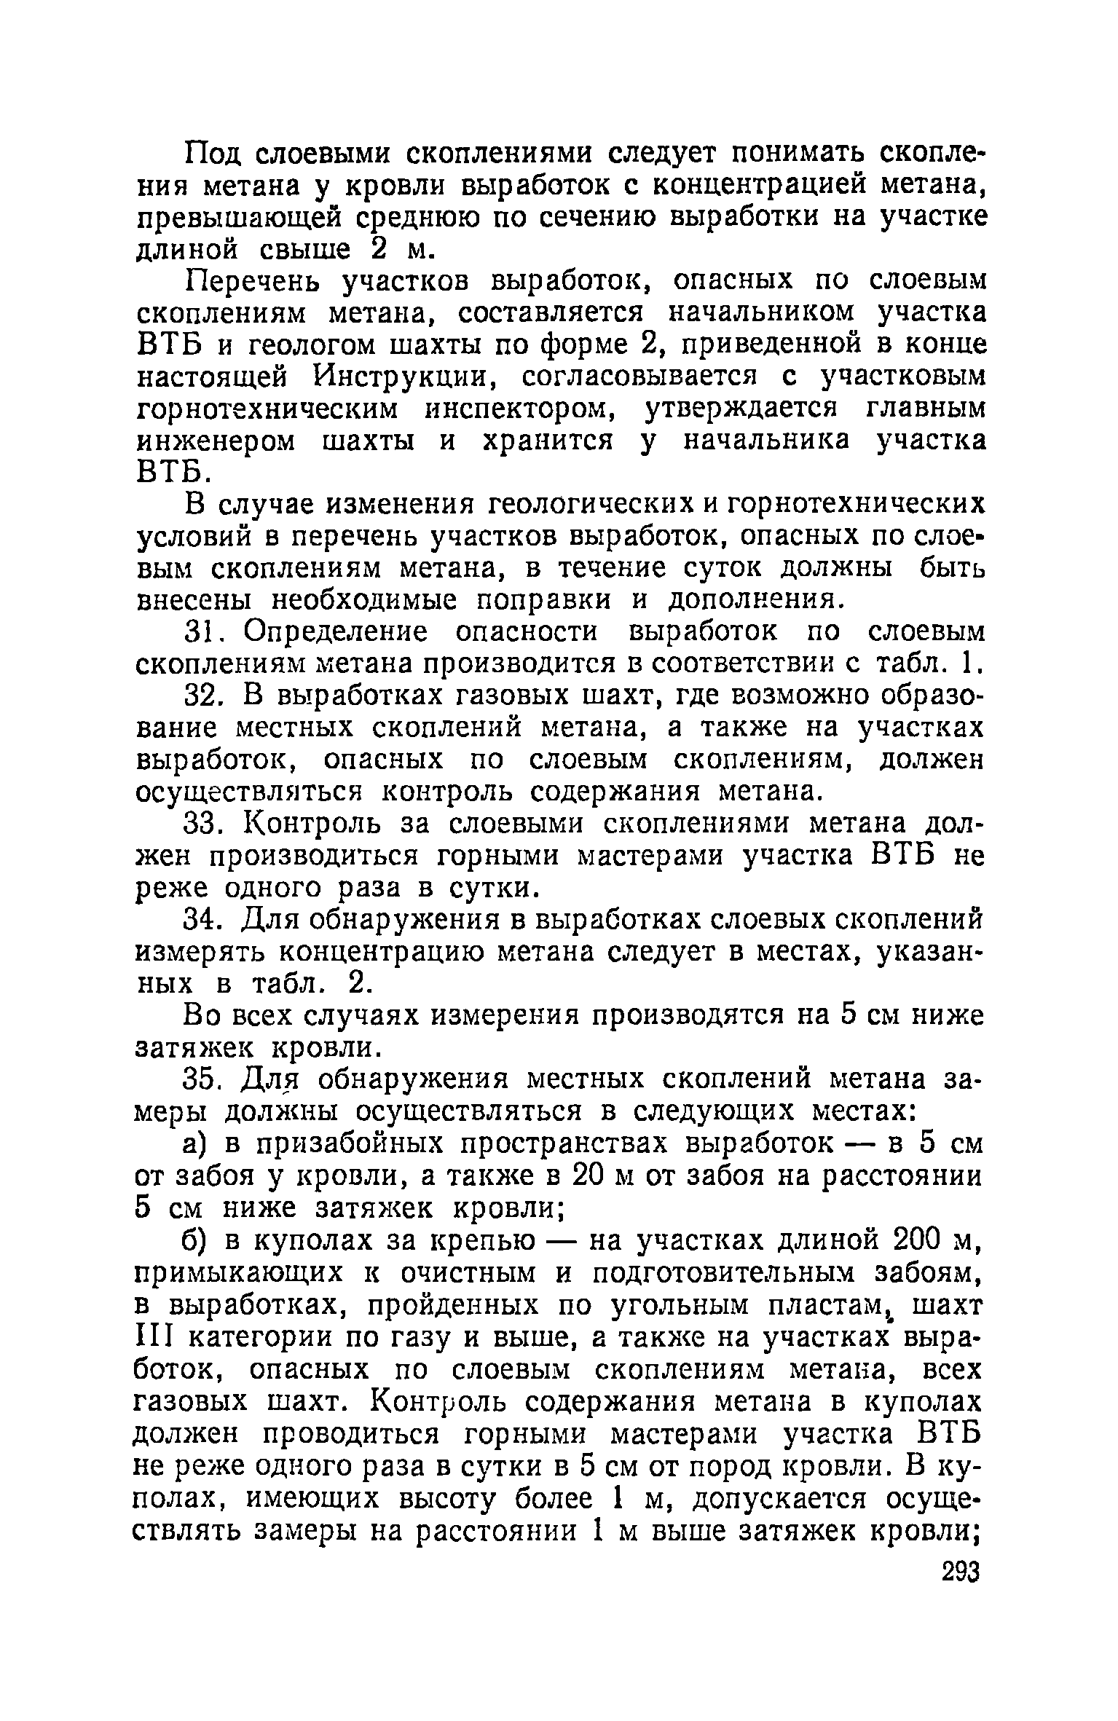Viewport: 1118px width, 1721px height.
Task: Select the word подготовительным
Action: [x=776, y=1274]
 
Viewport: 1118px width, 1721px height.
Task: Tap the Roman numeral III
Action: [x=153, y=1338]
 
